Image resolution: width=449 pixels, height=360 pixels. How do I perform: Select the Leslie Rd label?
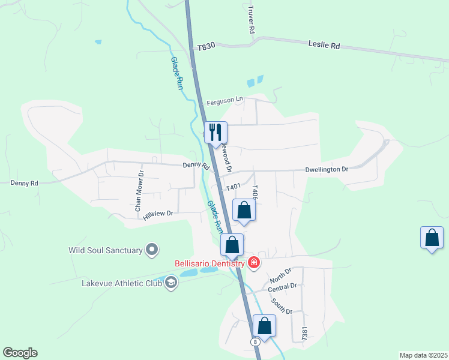(324, 45)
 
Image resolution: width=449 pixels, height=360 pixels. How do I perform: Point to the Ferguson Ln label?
(224, 102)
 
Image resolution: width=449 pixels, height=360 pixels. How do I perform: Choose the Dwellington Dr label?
(327, 170)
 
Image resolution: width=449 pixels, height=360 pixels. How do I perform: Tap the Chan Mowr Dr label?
(139, 191)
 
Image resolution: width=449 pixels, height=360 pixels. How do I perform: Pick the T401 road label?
(233, 188)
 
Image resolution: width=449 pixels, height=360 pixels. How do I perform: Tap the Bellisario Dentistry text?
(209, 263)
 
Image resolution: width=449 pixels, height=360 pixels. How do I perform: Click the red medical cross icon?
(254, 263)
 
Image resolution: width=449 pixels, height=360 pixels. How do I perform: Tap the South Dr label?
(281, 307)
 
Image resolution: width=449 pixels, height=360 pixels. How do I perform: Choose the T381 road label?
(305, 334)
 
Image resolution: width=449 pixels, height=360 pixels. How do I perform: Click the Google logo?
(20, 353)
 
